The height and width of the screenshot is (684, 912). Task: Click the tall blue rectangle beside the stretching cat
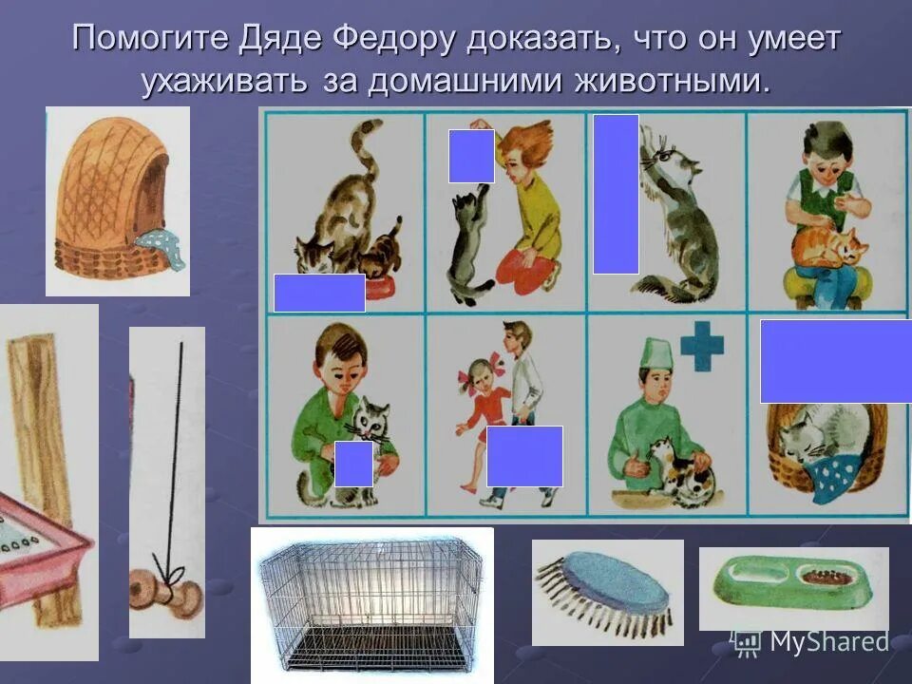pos(616,194)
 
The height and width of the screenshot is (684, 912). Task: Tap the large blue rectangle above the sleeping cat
pos(835,361)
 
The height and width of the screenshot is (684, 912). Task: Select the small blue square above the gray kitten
pos(471,156)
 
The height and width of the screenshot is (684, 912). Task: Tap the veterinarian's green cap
pos(656,353)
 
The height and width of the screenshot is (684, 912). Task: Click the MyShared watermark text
pos(828,642)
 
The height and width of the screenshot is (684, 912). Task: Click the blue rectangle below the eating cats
pos(319,293)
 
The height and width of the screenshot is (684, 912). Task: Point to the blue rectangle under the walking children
pos(524,456)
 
